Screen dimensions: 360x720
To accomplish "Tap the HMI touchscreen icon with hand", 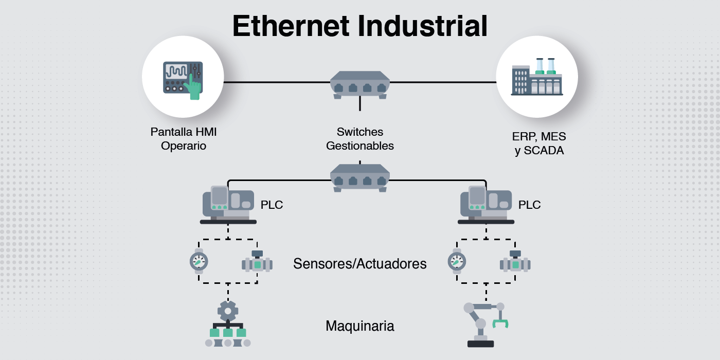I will tap(183, 77).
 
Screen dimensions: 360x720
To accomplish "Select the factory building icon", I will tap(536, 77).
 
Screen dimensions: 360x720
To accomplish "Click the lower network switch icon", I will tap(360, 178).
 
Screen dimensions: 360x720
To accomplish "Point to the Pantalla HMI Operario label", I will tap(184, 139).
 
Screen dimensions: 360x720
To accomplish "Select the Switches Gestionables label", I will tap(360, 139).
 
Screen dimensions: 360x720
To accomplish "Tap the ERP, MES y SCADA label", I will tap(539, 143).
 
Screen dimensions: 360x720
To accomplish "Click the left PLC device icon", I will tap(228, 205).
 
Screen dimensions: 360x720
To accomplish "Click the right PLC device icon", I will tap(486, 205).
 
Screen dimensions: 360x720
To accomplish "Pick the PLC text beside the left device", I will tap(272, 205).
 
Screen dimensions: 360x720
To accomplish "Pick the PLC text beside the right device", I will tap(529, 205).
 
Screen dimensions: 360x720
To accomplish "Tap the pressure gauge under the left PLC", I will tap(199, 261).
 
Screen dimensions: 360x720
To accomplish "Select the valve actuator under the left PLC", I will tap(257, 264).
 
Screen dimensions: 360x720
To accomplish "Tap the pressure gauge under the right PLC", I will tap(457, 261).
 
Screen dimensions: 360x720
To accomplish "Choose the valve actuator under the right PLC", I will tap(515, 264).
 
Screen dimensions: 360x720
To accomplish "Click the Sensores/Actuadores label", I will tap(360, 264).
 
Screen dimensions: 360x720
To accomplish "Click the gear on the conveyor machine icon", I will tap(228, 311).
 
